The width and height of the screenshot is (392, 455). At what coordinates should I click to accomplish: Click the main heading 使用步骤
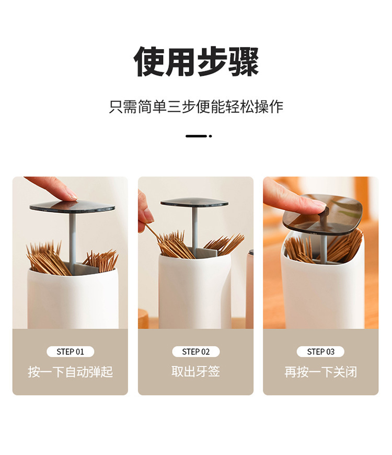[196, 62]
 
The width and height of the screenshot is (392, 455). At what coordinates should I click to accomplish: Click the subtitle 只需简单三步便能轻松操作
[196, 107]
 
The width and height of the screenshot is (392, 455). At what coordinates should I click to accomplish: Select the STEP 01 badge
[70, 352]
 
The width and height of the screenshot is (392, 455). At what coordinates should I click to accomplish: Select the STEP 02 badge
[195, 352]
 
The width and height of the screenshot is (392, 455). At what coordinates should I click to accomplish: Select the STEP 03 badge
[320, 352]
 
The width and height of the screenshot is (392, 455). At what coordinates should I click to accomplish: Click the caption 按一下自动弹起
[70, 372]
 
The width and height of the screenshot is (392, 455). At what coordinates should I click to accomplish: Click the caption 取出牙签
[195, 371]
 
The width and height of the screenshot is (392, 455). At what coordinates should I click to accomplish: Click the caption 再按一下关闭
[320, 372]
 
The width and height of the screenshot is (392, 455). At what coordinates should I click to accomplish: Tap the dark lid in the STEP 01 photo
[72, 207]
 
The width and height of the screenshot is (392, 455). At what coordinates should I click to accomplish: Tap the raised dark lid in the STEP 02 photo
[194, 202]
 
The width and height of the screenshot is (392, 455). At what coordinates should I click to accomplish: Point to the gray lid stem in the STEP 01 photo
[73, 235]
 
